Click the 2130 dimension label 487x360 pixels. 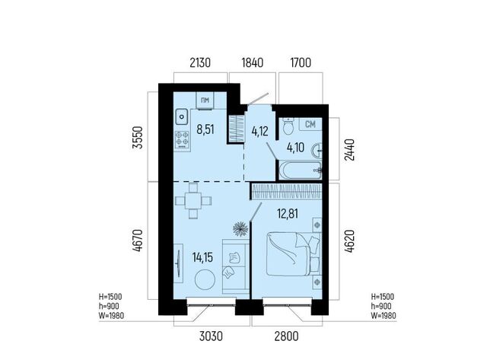[200, 62]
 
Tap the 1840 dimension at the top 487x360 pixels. [253, 62]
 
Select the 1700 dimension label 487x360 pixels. [301, 62]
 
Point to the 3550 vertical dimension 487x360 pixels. [138, 138]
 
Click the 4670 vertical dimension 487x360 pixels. [138, 241]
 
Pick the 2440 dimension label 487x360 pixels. [349, 150]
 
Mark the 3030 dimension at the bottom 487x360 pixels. [212, 336]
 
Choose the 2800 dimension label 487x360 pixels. [286, 336]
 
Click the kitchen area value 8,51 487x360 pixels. [205, 129]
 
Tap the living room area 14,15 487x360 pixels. [202, 257]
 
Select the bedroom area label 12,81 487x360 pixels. [288, 214]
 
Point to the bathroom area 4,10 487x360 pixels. [296, 148]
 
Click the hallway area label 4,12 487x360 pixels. [259, 132]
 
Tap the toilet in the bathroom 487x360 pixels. [288, 126]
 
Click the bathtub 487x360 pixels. [300, 170]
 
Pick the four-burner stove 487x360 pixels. [182, 139]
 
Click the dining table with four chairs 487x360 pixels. [193, 201]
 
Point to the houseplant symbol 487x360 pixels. [240, 228]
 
